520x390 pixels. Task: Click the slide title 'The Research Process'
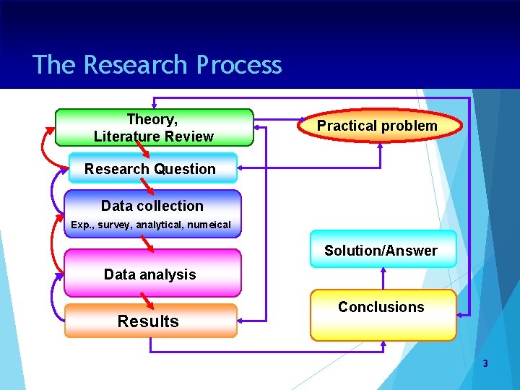tap(157, 65)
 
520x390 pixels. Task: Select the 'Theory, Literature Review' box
tap(154, 127)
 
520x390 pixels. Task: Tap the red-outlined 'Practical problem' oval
tap(377, 126)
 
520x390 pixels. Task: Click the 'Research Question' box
tap(151, 169)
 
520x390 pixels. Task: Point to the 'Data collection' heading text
tap(152, 206)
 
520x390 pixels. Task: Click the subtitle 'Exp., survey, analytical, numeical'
tap(151, 225)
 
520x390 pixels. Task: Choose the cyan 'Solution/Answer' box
tap(381, 250)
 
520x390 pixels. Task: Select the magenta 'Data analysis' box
tap(150, 274)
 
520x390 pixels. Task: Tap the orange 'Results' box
tap(149, 321)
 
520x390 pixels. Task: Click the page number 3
tap(485, 363)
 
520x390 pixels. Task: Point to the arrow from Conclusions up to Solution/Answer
tap(383, 278)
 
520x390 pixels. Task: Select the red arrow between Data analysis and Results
tap(147, 300)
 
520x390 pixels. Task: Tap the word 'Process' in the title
tap(239, 65)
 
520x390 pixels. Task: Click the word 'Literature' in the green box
tap(124, 136)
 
